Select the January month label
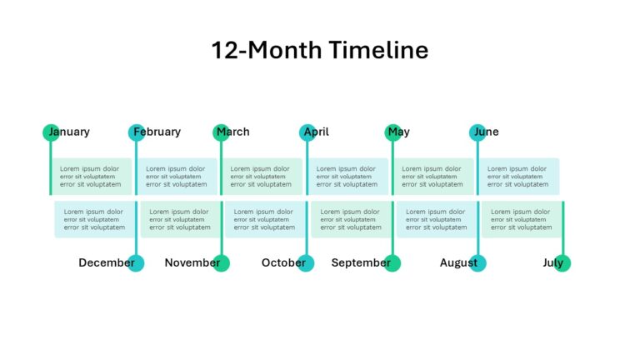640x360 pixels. (69, 132)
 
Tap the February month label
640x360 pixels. (157, 132)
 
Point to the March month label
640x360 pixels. (233, 132)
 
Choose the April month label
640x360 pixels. (317, 132)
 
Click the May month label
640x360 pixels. (399, 132)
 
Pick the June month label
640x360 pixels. (486, 132)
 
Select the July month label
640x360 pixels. (552, 262)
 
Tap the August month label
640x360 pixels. (458, 262)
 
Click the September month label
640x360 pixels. (360, 262)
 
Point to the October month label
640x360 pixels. (283, 262)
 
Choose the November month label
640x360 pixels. (192, 262)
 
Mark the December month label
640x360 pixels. (106, 262)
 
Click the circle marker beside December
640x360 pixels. (136, 263)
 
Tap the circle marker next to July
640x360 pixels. (562, 263)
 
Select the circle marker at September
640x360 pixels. (392, 263)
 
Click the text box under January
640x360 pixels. (93, 177)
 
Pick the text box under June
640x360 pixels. (520, 177)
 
